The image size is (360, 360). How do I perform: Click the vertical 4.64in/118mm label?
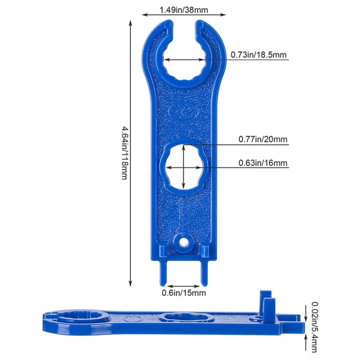(123, 152)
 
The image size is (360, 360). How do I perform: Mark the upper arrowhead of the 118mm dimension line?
(130, 23)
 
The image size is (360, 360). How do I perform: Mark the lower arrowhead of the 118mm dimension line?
(130, 282)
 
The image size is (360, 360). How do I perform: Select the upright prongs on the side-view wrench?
(267, 303)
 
